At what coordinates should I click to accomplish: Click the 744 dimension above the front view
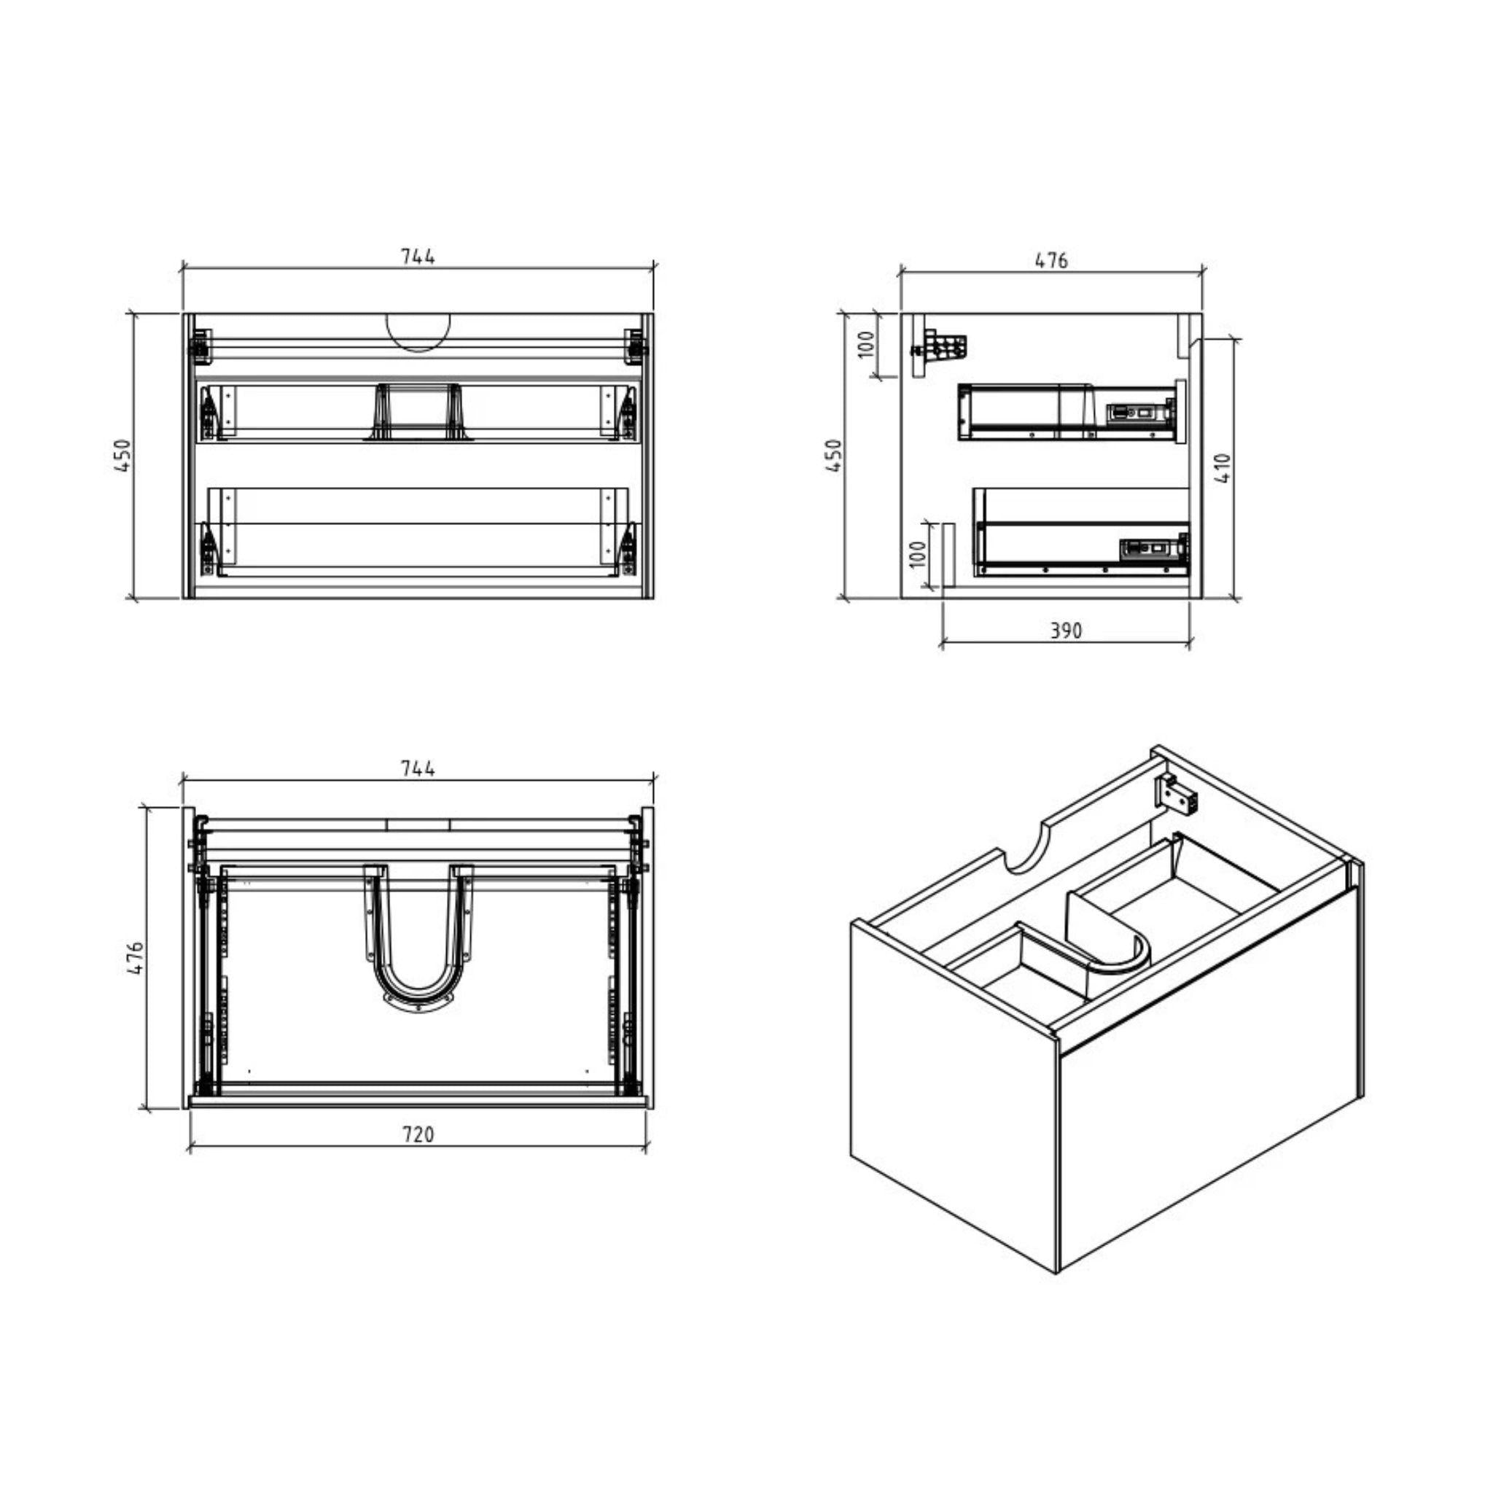coord(417,257)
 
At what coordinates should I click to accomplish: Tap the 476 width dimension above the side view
coord(1051,260)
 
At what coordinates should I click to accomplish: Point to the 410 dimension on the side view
coord(1223,467)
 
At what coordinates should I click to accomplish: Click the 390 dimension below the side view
coord(1066,631)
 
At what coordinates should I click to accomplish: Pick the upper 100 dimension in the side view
coord(867,344)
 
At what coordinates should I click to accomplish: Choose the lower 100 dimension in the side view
coord(917,553)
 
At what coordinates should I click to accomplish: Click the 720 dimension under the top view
coord(417,1135)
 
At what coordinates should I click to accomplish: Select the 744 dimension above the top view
coord(417,769)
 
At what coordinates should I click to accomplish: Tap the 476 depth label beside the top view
coord(136,957)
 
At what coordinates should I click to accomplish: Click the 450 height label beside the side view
coord(833,456)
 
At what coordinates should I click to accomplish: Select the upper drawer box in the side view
coord(1067,412)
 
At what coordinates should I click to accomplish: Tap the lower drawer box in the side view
coord(1082,533)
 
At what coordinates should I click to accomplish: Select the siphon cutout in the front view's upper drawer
coord(418,411)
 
